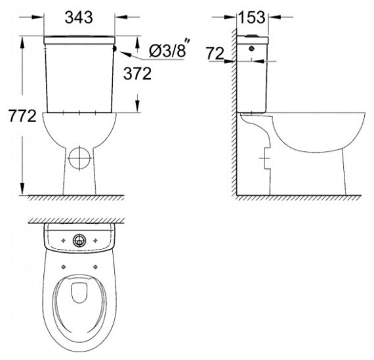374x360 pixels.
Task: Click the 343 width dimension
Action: (x=79, y=17)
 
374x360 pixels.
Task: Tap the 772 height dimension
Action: (x=22, y=116)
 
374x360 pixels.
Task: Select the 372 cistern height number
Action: (x=137, y=74)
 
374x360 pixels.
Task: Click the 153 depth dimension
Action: (x=252, y=17)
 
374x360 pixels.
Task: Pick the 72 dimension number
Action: (x=215, y=53)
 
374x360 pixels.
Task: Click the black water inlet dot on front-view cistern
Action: (x=114, y=49)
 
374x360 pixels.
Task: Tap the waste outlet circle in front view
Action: (x=79, y=158)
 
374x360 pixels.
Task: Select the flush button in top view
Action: (x=79, y=240)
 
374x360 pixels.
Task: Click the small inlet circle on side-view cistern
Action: (x=252, y=49)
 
